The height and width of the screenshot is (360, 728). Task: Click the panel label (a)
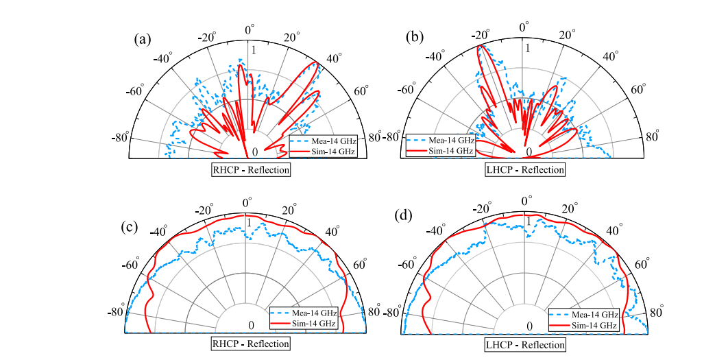pos(142,39)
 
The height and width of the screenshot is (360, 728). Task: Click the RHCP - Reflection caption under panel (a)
pos(250,169)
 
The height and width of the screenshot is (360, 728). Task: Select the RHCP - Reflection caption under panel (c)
pos(250,343)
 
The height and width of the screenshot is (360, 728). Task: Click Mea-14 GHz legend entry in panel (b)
pos(448,140)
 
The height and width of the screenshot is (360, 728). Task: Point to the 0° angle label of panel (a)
pos(250,29)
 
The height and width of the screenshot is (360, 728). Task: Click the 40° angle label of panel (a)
pos(335,57)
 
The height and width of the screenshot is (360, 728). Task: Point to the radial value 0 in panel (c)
pos(251,325)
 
